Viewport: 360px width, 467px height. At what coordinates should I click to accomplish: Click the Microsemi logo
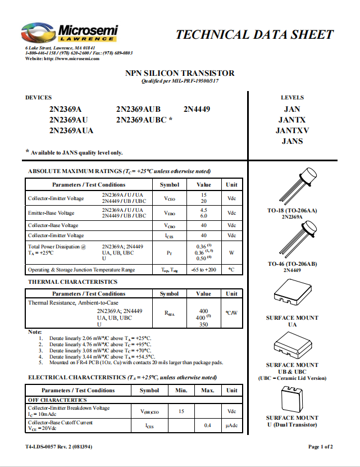coord(69,34)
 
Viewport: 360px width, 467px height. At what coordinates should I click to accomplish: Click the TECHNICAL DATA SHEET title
coord(254,35)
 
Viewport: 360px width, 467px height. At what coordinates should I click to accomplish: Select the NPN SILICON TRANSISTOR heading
coord(180,73)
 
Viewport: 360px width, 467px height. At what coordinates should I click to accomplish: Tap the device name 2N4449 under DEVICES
coord(197,109)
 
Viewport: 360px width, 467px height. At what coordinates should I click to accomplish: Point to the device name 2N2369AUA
coord(71,130)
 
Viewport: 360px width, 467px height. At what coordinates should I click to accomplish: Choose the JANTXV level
coord(292,130)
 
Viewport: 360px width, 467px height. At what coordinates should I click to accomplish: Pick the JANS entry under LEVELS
coord(292,141)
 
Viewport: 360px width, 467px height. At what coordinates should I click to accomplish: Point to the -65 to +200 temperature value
coord(203,270)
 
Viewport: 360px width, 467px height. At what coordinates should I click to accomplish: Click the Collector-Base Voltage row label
coord(53,225)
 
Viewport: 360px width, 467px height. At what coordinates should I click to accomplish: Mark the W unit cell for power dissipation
coord(231,252)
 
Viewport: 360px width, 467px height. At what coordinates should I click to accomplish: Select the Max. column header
coord(208,390)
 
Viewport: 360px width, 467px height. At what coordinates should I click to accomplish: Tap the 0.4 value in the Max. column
coord(208,425)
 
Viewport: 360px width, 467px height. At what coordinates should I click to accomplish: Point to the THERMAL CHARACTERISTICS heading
coord(73,282)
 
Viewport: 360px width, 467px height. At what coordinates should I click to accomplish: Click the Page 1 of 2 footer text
coord(321,447)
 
